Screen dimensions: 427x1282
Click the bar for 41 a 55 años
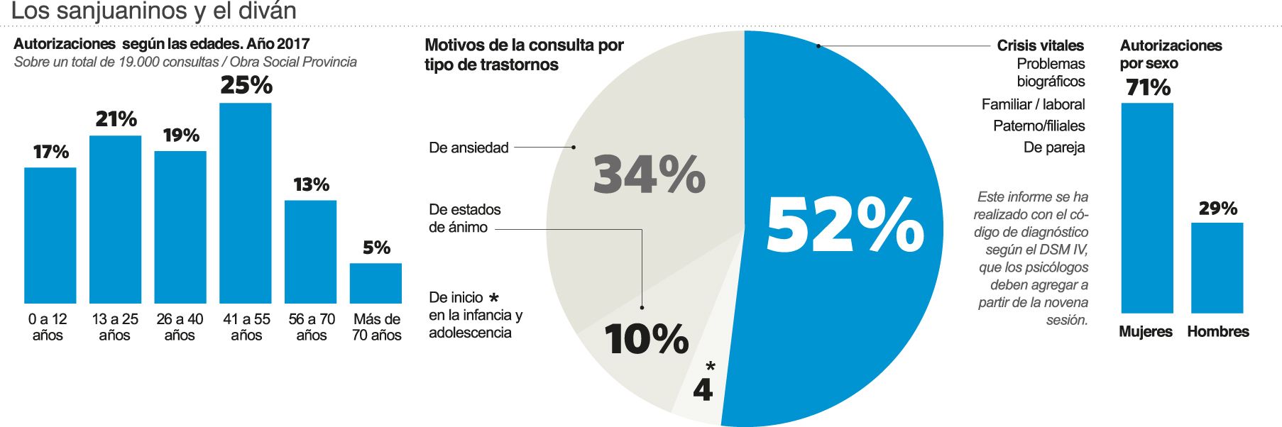pyautogui.click(x=245, y=203)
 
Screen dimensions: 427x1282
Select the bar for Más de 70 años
pyautogui.click(x=376, y=283)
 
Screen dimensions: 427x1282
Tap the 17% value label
pyautogui.click(x=51, y=152)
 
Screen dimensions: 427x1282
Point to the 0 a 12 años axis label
pyautogui.click(x=48, y=327)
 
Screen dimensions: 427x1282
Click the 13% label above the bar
pyautogui.click(x=311, y=184)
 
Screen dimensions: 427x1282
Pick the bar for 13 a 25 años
pyautogui.click(x=115, y=219)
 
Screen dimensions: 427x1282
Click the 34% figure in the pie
pyautogui.click(x=649, y=174)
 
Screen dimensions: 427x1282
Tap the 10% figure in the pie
pyautogui.click(x=647, y=338)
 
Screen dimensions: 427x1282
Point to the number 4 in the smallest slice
pyautogui.click(x=702, y=389)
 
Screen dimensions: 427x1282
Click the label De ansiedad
pyautogui.click(x=469, y=148)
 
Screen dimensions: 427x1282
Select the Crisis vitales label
pyautogui.click(x=1040, y=45)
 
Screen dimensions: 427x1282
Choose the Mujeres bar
pyautogui.click(x=1146, y=208)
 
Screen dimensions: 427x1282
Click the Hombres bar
pyautogui.click(x=1217, y=267)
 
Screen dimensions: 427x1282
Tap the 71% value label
pyautogui.click(x=1148, y=87)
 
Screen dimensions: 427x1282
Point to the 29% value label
pyautogui.click(x=1217, y=209)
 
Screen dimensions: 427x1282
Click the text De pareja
pyautogui.click(x=1053, y=148)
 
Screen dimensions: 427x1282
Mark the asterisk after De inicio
pyautogui.click(x=494, y=298)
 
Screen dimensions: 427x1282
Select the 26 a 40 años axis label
pyautogui.click(x=180, y=327)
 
